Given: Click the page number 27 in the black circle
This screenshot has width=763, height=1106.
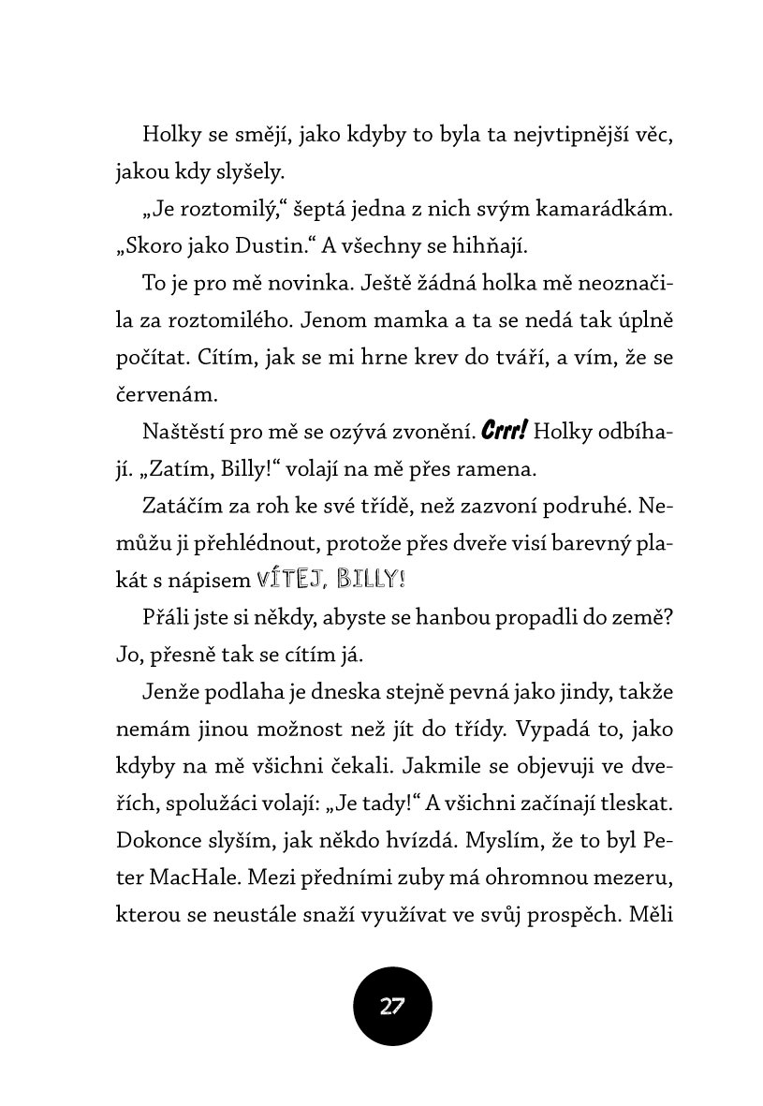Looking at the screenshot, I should pos(392,1007).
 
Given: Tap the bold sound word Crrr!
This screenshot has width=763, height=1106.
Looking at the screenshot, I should pos(505,432).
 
